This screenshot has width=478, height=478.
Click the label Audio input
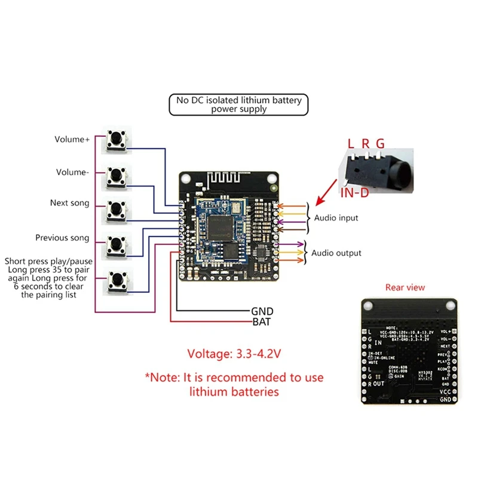[336, 218]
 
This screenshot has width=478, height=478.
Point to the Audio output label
[336, 253]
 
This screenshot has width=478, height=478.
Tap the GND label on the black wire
[262, 311]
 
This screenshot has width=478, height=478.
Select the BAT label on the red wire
[262, 321]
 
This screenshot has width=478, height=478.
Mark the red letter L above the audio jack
[351, 143]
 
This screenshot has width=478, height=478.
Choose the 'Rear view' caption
[405, 287]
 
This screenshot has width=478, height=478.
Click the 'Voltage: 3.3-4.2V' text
[234, 353]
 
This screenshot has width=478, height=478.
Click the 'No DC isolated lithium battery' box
[239, 105]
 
